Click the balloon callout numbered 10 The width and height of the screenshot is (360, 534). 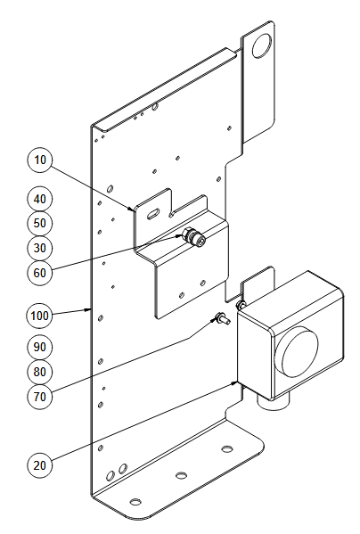[39, 160]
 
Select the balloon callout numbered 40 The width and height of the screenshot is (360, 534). [39, 199]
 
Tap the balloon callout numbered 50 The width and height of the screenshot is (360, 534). [39, 224]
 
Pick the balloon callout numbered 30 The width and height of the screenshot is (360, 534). [39, 248]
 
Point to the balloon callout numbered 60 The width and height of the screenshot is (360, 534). [39, 273]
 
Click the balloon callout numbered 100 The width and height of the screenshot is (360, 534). [39, 316]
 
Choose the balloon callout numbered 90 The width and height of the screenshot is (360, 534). [39, 347]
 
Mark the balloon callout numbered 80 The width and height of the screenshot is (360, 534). [39, 372]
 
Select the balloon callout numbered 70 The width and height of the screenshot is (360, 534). [39, 397]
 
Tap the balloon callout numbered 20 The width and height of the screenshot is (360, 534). [39, 465]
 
